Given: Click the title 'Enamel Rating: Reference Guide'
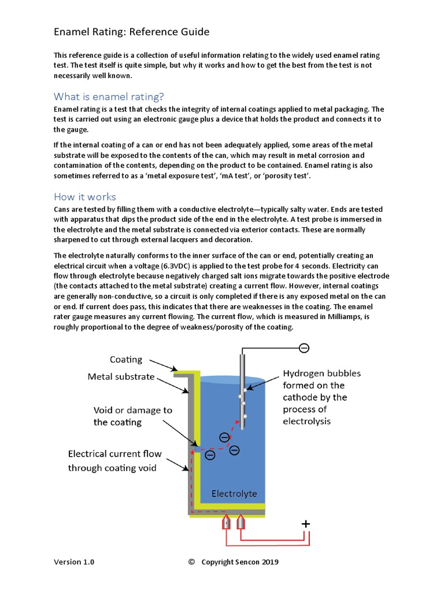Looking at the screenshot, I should coord(131,31).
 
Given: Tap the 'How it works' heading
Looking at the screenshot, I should coord(85,196).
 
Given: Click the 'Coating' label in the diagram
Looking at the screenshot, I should coord(126,359).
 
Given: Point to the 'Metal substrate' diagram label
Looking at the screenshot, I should coord(121,376).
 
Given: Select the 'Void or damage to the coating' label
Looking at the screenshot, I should coord(132,416).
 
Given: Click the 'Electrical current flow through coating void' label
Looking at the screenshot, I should coord(114,461).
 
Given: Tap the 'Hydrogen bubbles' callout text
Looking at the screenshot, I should coord(321,373).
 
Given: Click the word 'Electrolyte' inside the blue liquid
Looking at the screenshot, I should coord(234,494).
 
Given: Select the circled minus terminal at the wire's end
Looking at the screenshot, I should coord(304,347).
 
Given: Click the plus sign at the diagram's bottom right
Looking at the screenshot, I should coord(306,524).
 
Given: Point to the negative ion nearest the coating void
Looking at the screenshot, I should coord(210,455).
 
